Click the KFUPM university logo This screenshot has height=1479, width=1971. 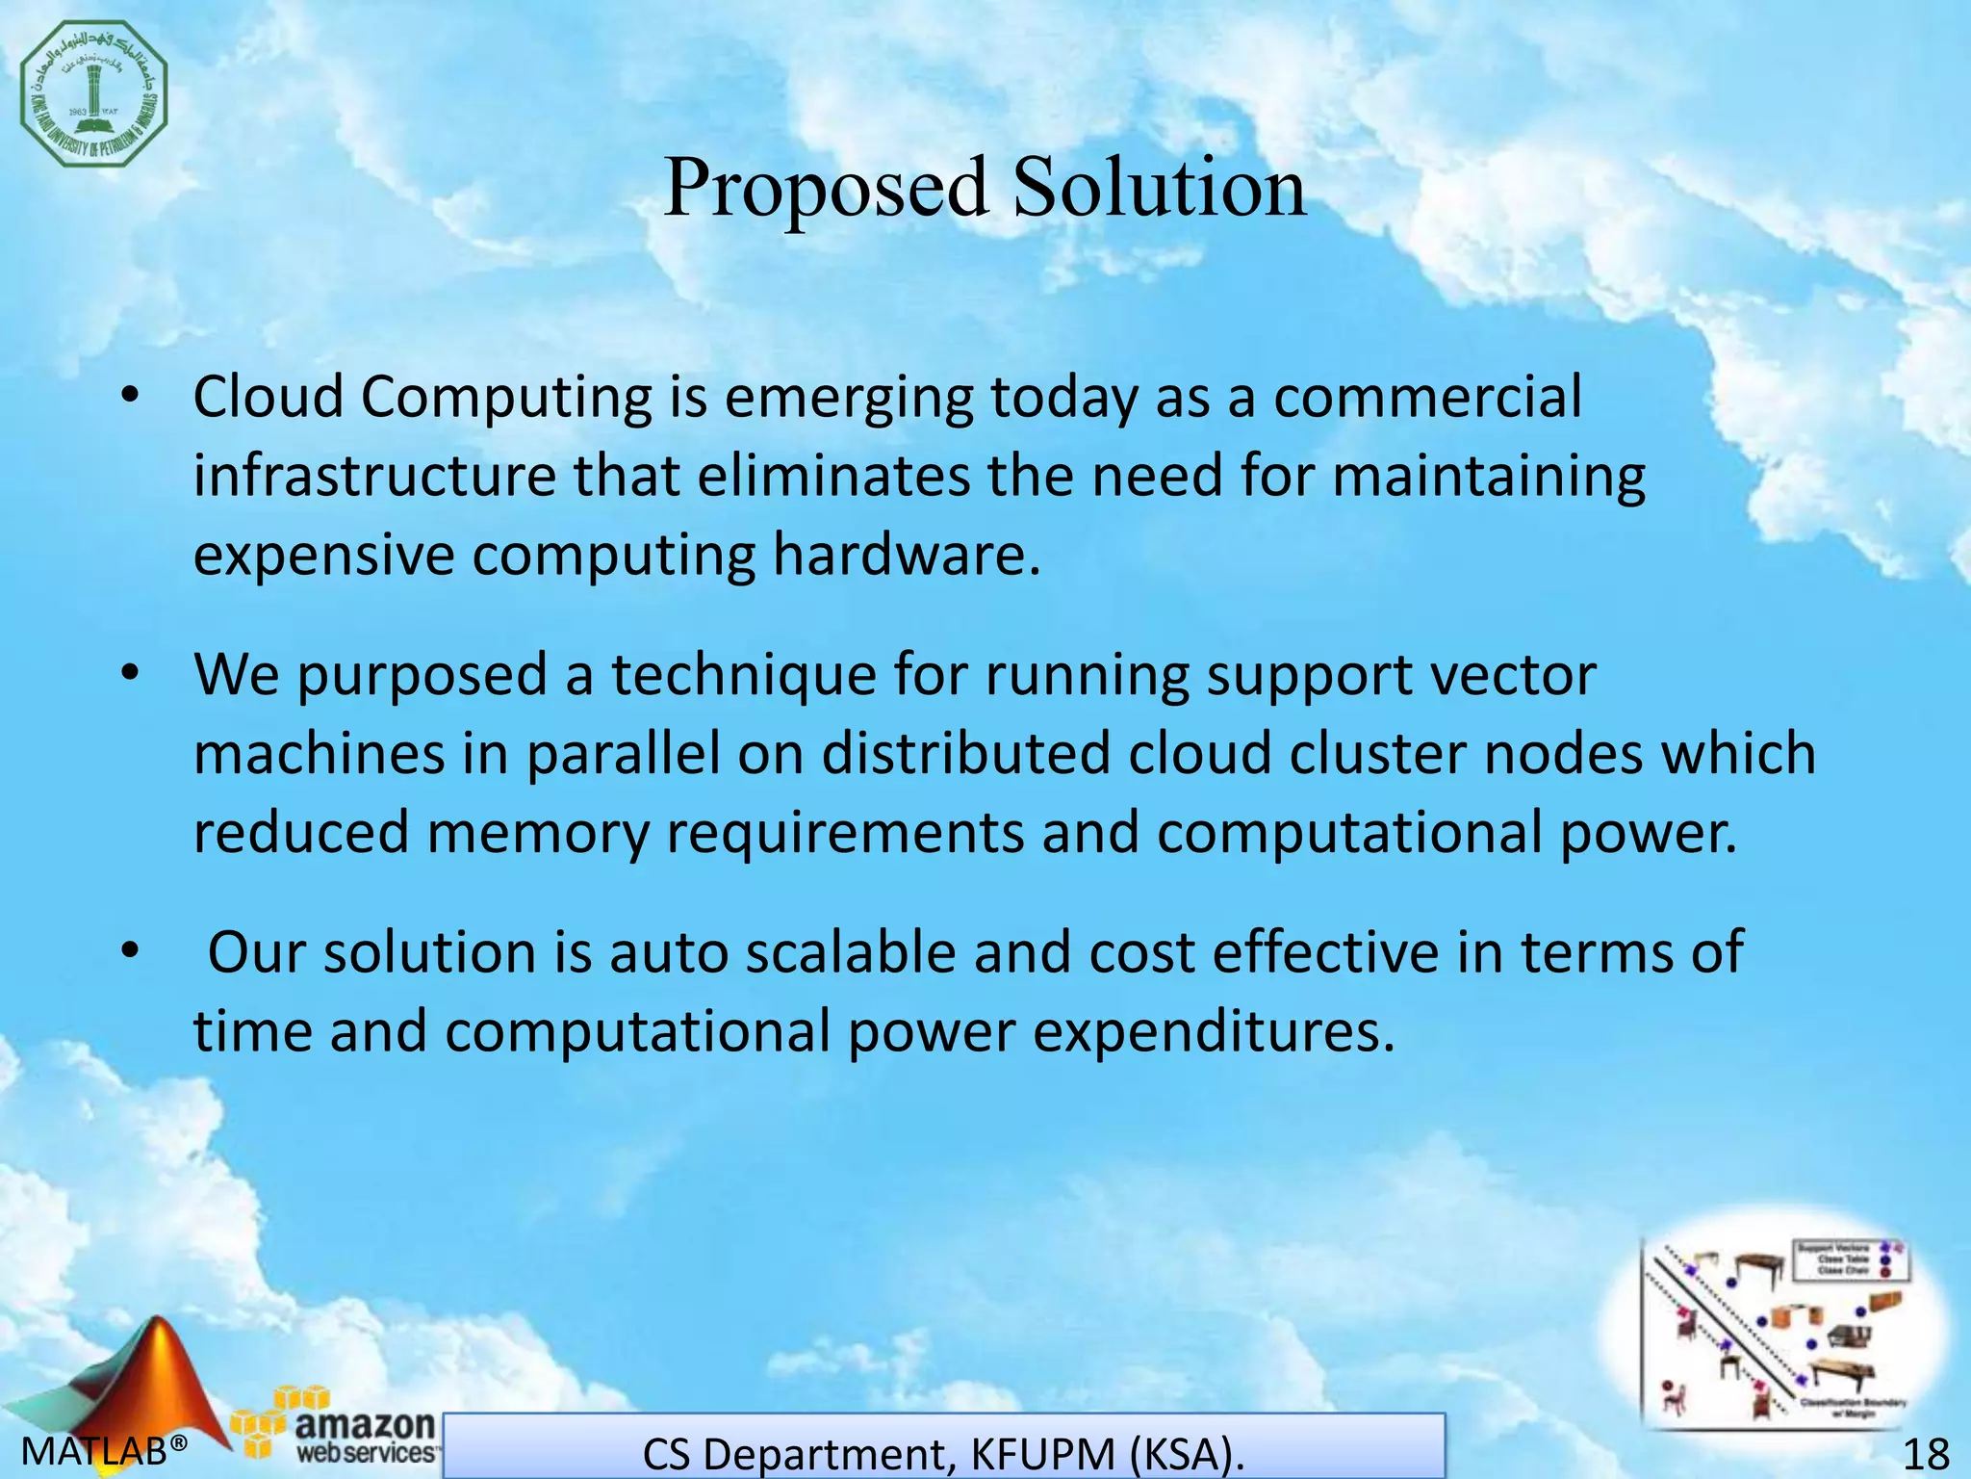pyautogui.click(x=94, y=93)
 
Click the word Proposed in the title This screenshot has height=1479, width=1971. pyautogui.click(x=825, y=187)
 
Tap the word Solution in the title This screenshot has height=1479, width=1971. pyautogui.click(x=1160, y=187)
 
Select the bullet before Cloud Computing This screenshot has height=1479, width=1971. pyautogui.click(x=132, y=398)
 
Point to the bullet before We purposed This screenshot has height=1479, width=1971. pyautogui.click(x=132, y=675)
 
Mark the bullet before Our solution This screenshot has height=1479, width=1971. pyautogui.click(x=132, y=952)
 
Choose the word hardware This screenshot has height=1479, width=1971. pyautogui.click(x=906, y=556)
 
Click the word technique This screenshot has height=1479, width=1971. pyautogui.click(x=743, y=674)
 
